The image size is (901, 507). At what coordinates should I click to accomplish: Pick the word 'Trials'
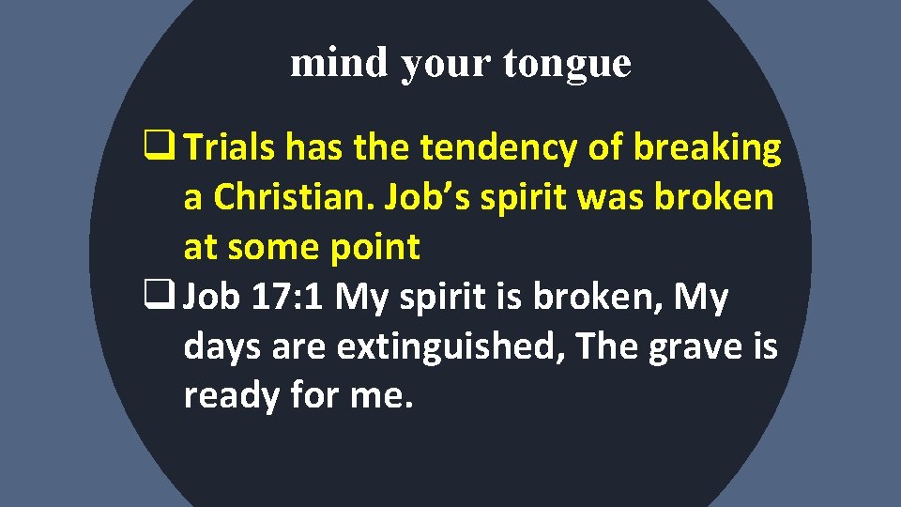point(230,147)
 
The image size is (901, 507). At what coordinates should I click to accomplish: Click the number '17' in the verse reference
point(271,298)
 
